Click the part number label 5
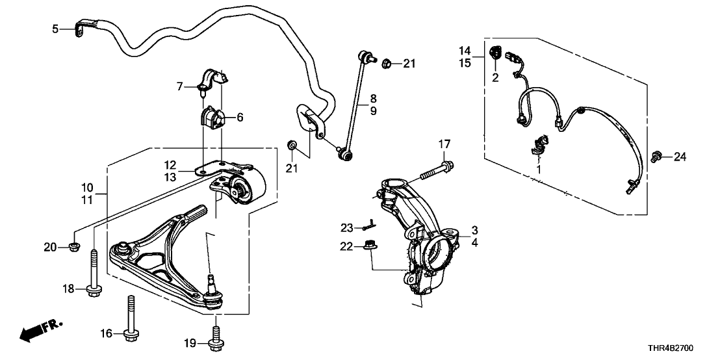point(55,29)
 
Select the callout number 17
point(443,144)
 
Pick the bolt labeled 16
point(131,322)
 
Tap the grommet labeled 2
point(495,53)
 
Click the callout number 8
point(373,99)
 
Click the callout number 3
point(474,230)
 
